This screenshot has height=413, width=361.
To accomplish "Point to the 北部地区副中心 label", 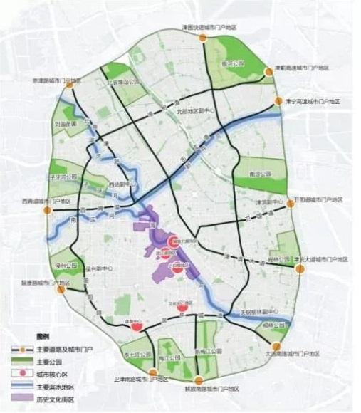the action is tap(192, 111).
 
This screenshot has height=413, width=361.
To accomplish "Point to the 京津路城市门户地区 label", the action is tap(50, 80).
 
